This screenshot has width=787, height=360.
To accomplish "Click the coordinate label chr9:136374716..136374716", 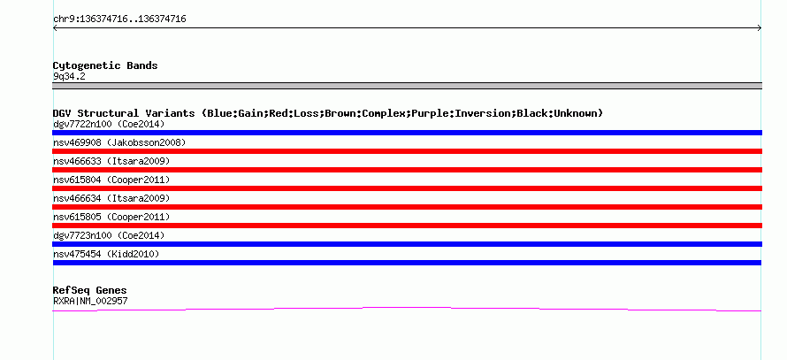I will tap(119, 19).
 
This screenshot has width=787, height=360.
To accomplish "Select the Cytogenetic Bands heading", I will tap(105, 65).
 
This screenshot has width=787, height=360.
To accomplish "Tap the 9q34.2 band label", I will tap(69, 76).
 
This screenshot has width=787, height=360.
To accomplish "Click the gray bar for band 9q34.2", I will tap(407, 86).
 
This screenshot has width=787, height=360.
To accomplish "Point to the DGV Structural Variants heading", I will tap(327, 113).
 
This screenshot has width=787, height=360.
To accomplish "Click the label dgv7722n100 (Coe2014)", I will tap(109, 124).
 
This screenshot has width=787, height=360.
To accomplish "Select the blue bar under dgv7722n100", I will tap(407, 133).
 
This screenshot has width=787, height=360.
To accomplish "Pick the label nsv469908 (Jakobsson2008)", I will tap(119, 142).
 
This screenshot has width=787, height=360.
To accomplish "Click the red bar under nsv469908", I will tap(407, 151).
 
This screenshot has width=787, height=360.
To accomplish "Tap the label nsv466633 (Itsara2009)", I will tap(111, 161).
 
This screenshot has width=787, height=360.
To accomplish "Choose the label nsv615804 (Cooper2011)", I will tap(111, 180).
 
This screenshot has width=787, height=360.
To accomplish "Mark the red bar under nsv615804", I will tap(407, 188).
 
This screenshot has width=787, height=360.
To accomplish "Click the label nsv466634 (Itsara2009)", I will tap(111, 198).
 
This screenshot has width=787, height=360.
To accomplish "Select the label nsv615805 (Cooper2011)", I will tap(111, 217).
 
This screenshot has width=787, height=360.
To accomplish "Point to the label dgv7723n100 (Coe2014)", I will tap(109, 235).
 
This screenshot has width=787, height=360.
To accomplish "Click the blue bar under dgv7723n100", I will tap(407, 244).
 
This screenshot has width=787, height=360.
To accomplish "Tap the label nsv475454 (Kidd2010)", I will tap(106, 254).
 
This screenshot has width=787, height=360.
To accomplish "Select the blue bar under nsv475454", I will tap(407, 263).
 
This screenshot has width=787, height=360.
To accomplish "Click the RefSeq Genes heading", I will tap(89, 290).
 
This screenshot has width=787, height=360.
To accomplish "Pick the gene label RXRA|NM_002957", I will tap(90, 301).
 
